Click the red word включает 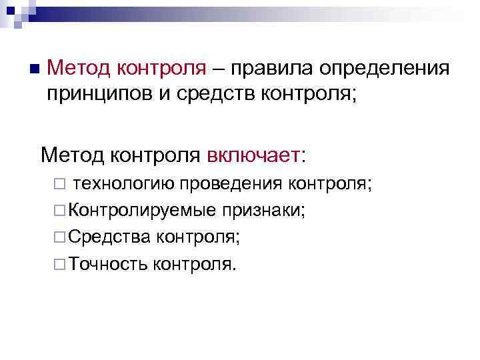253,156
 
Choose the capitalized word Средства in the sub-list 109,237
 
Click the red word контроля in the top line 162,67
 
